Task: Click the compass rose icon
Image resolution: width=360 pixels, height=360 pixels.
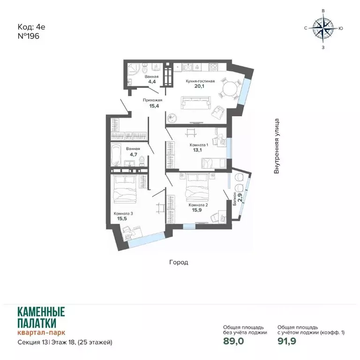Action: (323, 28)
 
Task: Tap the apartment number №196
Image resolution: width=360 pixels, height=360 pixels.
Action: (29, 36)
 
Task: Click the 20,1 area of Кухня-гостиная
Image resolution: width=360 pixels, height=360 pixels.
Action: (199, 86)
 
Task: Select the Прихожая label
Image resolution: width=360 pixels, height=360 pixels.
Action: (152, 100)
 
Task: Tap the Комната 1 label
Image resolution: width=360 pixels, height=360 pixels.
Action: (199, 145)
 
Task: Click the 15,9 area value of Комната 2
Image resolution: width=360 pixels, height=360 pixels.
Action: (197, 210)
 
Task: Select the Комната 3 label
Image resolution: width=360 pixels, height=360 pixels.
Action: (123, 214)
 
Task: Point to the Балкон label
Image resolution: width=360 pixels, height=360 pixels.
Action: (235, 199)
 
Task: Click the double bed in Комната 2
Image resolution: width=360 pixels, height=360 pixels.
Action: (197, 187)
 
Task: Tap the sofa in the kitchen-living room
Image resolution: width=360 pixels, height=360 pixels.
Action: (195, 103)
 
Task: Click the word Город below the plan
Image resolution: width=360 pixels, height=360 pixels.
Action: (179, 262)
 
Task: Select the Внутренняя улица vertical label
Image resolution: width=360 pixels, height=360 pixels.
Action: (277, 146)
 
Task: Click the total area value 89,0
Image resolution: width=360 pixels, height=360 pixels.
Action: (233, 341)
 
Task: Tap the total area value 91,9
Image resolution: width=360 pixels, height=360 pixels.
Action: (287, 341)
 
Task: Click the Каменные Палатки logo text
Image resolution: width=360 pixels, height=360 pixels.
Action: (41, 317)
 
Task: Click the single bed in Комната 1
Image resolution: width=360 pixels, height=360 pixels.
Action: (213, 164)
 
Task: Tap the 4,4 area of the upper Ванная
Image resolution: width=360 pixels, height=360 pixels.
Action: (152, 81)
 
